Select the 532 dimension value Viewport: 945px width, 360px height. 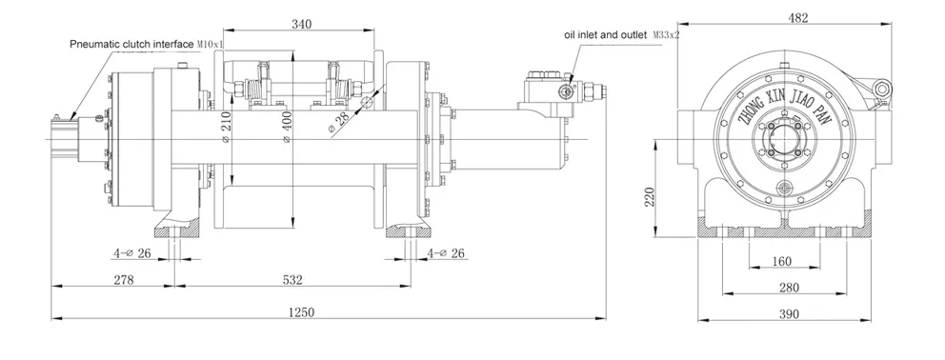(292, 279)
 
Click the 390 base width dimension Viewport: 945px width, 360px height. (786, 312)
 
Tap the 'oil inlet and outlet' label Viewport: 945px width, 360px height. (606, 35)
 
